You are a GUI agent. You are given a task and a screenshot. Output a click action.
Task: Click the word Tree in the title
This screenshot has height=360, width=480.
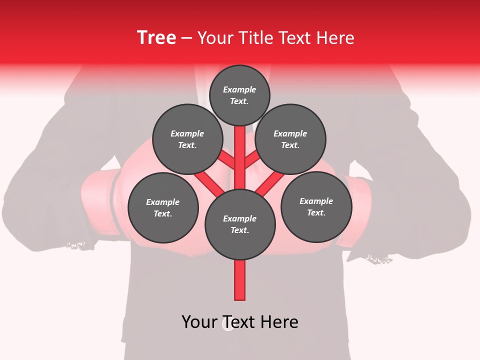click(156, 37)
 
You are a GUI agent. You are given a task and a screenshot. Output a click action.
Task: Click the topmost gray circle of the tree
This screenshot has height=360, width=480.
click(239, 95)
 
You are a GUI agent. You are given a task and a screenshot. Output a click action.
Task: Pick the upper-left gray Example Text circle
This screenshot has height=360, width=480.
click(187, 139)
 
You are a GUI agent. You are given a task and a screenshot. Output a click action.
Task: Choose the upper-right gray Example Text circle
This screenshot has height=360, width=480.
click(290, 139)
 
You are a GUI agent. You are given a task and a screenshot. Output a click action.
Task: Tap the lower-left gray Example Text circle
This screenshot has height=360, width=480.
click(163, 207)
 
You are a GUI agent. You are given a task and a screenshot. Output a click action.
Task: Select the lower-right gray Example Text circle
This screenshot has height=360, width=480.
click(316, 206)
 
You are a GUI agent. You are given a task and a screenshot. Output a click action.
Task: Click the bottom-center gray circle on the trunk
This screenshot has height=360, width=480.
click(240, 224)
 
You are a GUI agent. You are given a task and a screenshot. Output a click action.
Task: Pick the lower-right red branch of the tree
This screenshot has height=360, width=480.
click(270, 183)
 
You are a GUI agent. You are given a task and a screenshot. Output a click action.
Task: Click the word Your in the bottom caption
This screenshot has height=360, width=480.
click(200, 322)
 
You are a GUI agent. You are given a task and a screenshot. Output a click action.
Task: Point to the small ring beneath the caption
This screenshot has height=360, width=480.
click(228, 326)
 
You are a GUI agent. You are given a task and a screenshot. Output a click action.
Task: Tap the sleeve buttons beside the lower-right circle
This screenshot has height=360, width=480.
click(378, 258)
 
